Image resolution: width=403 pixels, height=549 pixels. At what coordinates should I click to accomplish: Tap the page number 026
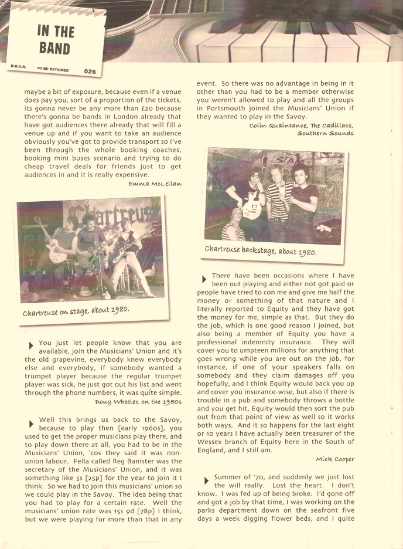(90, 72)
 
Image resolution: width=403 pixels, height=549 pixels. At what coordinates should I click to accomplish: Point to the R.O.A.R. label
(17, 67)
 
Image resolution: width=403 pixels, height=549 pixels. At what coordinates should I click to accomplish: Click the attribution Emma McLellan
(155, 184)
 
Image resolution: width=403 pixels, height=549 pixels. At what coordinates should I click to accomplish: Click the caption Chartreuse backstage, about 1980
(260, 250)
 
